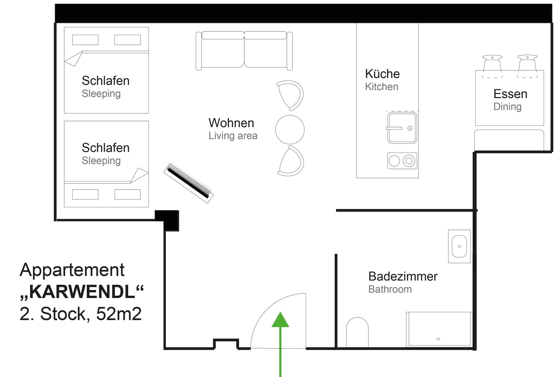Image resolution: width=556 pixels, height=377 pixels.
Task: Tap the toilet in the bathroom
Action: tap(357, 332)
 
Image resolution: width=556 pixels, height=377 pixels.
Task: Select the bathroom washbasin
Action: tap(459, 246)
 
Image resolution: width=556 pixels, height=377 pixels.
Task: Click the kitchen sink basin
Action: tap(402, 128)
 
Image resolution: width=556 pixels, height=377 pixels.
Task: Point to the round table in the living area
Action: tap(290, 129)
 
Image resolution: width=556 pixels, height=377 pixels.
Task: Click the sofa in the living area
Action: tap(244, 51)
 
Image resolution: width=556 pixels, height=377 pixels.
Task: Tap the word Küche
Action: tap(382, 74)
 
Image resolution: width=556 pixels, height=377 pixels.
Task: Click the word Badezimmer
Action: tap(403, 277)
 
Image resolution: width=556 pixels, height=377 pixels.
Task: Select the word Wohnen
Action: tap(231, 123)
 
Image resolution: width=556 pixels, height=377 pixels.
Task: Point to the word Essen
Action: tap(510, 94)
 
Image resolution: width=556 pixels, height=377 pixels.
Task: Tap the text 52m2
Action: tap(119, 314)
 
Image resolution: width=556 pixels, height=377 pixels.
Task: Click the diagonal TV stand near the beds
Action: tap(188, 183)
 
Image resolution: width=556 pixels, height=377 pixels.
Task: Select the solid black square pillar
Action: tap(167, 220)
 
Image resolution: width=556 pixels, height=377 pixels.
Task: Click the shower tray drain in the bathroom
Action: tap(438, 339)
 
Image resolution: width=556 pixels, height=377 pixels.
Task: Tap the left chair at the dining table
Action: tap(492, 66)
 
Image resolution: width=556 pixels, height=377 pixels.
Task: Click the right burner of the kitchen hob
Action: tap(409, 161)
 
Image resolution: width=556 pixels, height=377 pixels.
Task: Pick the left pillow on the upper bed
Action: tap(85, 40)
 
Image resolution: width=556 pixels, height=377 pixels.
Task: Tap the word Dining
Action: tap(507, 107)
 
